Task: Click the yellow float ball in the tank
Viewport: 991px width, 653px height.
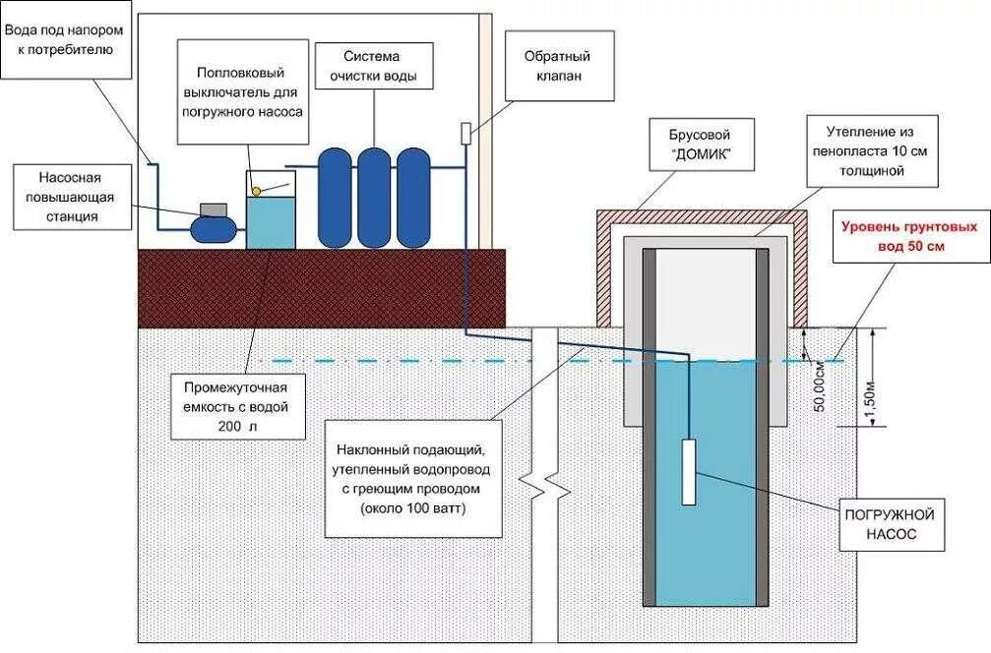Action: [x=257, y=190]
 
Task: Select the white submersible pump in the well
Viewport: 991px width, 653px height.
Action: [x=688, y=472]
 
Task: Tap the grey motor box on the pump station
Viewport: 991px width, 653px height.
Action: [x=214, y=209]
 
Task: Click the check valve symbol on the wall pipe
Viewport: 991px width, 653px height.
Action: [x=465, y=133]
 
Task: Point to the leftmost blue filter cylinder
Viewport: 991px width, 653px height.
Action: [x=335, y=198]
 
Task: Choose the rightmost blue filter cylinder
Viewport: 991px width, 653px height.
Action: [x=413, y=198]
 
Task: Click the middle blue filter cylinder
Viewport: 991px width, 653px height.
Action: [x=374, y=198]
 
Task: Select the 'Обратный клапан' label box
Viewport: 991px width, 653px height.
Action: [x=557, y=66]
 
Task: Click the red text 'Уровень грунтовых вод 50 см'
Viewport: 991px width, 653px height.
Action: [x=910, y=236]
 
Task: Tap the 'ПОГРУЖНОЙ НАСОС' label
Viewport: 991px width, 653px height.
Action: [x=890, y=524]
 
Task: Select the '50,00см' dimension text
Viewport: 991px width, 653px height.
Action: [x=820, y=386]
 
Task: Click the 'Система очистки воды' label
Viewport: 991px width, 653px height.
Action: [x=373, y=66]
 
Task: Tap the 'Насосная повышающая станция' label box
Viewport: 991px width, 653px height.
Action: [x=72, y=197]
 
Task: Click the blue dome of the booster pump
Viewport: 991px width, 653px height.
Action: [x=214, y=228]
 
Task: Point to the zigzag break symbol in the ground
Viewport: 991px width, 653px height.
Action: [x=544, y=485]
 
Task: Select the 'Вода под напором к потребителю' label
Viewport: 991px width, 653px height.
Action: [x=65, y=39]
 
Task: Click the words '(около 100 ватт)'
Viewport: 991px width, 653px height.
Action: [x=413, y=507]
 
